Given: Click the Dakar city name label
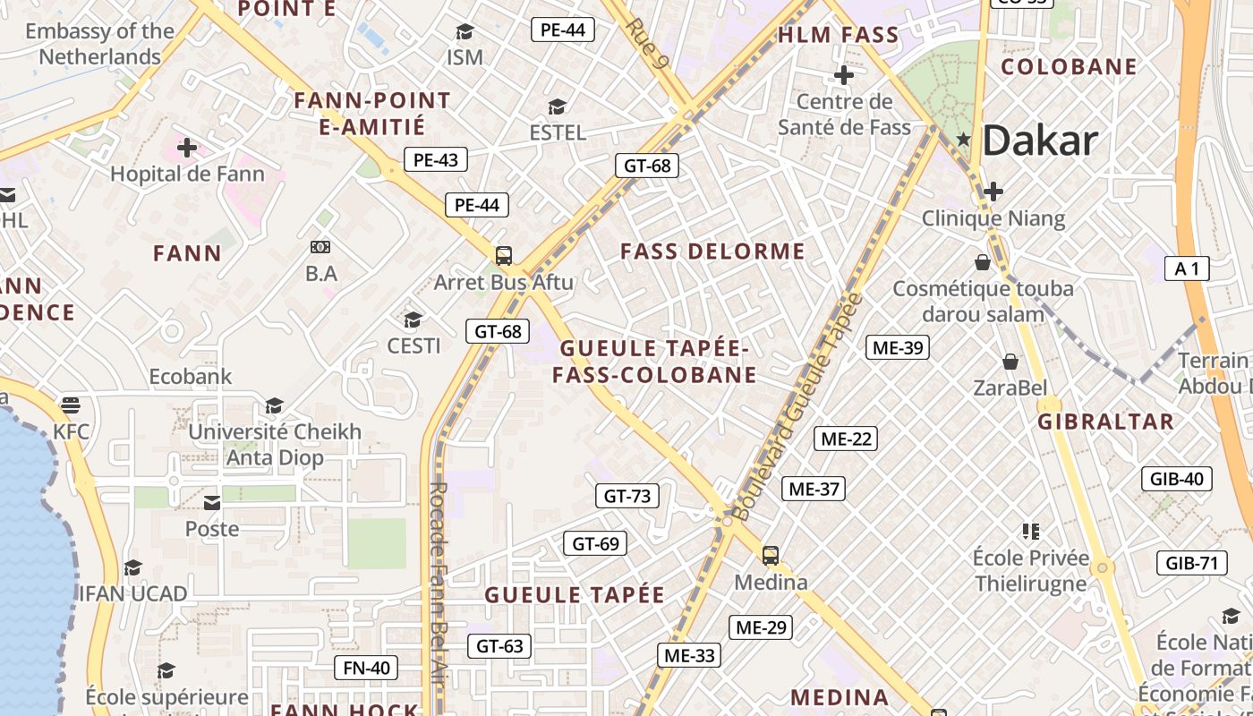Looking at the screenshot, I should tap(1040, 141).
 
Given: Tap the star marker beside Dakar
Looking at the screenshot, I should tap(964, 139).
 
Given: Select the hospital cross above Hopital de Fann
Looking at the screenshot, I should tap(187, 147).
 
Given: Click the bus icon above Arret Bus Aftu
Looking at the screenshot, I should tap(504, 256).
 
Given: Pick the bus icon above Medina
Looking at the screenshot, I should tap(770, 555).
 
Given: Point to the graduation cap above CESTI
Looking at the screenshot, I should tap(413, 320).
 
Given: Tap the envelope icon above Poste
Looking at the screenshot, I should tap(212, 503).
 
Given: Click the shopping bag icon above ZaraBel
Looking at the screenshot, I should tap(1010, 362).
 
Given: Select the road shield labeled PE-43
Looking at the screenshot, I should tap(436, 160).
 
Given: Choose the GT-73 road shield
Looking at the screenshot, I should tap(627, 496).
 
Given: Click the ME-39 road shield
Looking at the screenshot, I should tap(897, 347).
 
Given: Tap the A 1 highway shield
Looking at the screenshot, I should tap(1187, 268).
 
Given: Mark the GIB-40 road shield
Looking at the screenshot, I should tap(1177, 479).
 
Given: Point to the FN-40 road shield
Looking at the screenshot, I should tap(366, 668).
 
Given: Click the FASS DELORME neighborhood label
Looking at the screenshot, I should tap(712, 251).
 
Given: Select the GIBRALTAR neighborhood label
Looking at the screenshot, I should tap(1105, 422).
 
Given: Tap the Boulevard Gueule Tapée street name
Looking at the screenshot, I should tap(796, 407).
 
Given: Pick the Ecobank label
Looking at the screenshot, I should tap(191, 377).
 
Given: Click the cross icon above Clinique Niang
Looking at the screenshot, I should tap(993, 192).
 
